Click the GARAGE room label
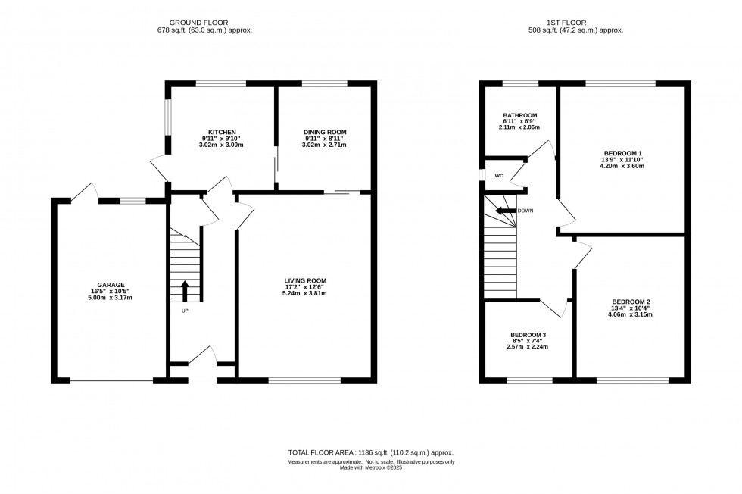[110, 285]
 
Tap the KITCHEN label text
[222, 132]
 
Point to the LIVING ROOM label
[305, 280]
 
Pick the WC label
[500, 175]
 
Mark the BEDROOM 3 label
[528, 335]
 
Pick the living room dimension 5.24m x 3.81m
[305, 294]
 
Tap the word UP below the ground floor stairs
[184, 311]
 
